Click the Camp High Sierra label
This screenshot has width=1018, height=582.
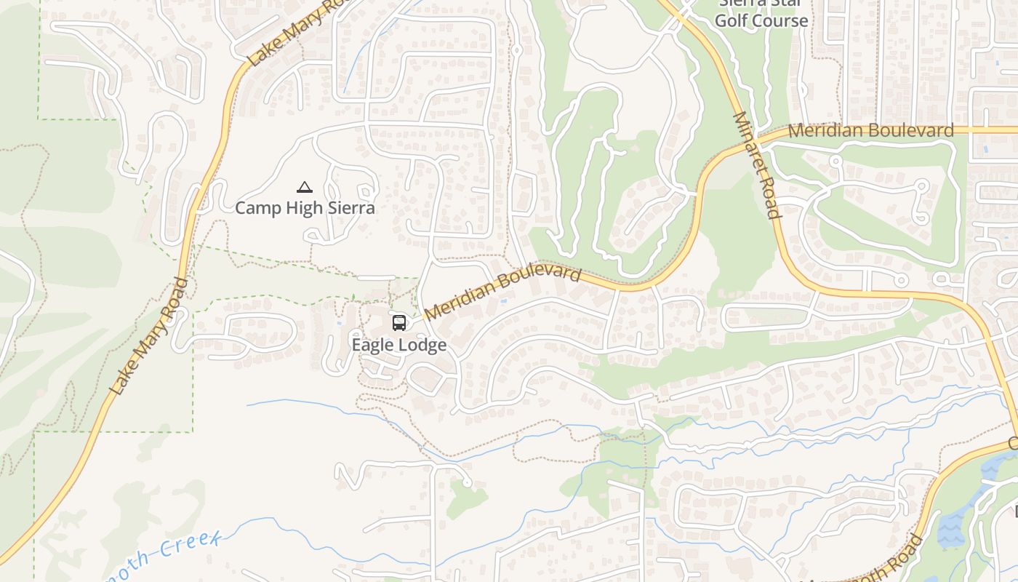305,208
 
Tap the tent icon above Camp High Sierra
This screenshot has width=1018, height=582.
305,188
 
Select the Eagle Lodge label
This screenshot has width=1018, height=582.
399,345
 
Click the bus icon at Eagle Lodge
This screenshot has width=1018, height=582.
398,322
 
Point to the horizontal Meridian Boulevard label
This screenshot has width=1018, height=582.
870,131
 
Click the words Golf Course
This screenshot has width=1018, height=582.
761,20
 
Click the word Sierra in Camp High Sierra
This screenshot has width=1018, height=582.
348,208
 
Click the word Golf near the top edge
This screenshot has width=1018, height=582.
732,20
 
